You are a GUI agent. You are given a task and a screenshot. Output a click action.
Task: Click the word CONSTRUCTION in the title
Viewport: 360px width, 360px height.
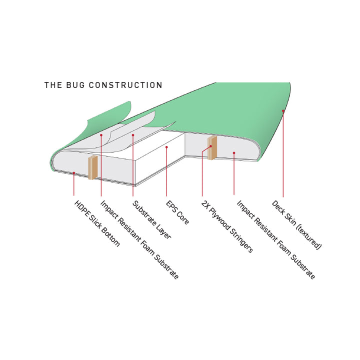pyautogui.click(x=125, y=85)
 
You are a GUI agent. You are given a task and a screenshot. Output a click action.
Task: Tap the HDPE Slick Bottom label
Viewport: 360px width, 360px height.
pyautogui.click(x=97, y=223)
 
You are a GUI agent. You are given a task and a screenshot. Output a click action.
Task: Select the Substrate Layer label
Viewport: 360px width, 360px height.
pyautogui.click(x=152, y=219)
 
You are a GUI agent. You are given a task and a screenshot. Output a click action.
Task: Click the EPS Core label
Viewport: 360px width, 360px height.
pyautogui.click(x=177, y=212)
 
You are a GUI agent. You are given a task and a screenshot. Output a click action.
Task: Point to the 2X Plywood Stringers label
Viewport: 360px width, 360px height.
pyautogui.click(x=227, y=226)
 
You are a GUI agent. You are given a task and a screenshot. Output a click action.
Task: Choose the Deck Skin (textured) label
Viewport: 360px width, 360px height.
pyautogui.click(x=296, y=225)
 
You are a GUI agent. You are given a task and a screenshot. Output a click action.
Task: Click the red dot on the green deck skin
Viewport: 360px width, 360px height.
pyautogui.click(x=283, y=111)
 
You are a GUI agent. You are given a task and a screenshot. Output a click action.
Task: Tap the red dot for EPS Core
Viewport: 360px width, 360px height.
pyautogui.click(x=166, y=147)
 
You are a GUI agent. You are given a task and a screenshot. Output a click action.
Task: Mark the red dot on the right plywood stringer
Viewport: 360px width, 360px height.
pyautogui.click(x=211, y=146)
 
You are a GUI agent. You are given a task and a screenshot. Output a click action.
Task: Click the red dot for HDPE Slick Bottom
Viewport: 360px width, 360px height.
pyautogui.click(x=73, y=172)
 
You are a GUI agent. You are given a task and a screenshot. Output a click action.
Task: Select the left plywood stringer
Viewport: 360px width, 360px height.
pyautogui.click(x=93, y=167)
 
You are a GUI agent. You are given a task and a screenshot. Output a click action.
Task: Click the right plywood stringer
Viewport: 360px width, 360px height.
pyautogui.click(x=212, y=147)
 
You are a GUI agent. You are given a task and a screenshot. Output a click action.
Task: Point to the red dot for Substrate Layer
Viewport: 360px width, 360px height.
pyautogui.click(x=133, y=135)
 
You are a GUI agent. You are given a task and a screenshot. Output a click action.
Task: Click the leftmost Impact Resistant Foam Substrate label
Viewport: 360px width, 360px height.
pyautogui.click(x=139, y=239)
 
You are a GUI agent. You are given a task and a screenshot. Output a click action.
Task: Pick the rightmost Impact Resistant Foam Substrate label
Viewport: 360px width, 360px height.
pyautogui.click(x=275, y=239)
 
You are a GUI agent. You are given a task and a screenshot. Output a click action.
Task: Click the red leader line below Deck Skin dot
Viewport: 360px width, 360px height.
pyautogui.click(x=283, y=154)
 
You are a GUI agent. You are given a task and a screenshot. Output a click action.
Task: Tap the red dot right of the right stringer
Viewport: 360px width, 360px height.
pyautogui.click(x=234, y=152)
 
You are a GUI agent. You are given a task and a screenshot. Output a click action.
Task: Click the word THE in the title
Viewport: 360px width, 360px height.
pyautogui.click(x=53, y=85)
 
